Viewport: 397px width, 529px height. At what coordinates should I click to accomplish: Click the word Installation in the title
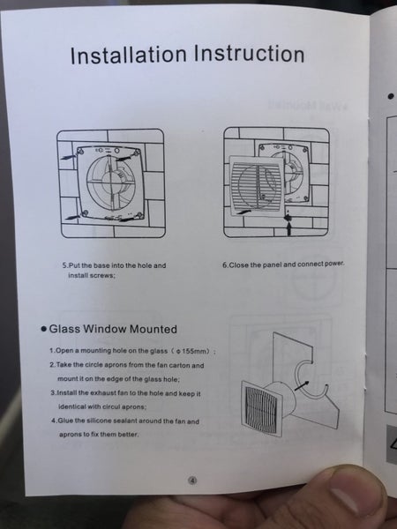(x=129, y=55)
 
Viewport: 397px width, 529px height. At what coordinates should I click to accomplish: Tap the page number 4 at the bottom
(x=192, y=481)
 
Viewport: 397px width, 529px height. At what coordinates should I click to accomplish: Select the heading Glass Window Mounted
(x=113, y=329)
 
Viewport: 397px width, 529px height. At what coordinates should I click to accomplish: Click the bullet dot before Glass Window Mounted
(x=43, y=329)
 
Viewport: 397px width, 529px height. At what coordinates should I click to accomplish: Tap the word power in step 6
(x=334, y=264)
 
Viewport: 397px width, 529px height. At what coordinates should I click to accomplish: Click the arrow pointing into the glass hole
(x=301, y=385)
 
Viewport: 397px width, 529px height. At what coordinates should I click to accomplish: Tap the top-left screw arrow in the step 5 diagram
(x=69, y=156)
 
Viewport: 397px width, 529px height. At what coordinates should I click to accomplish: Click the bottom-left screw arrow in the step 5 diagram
(x=72, y=216)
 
